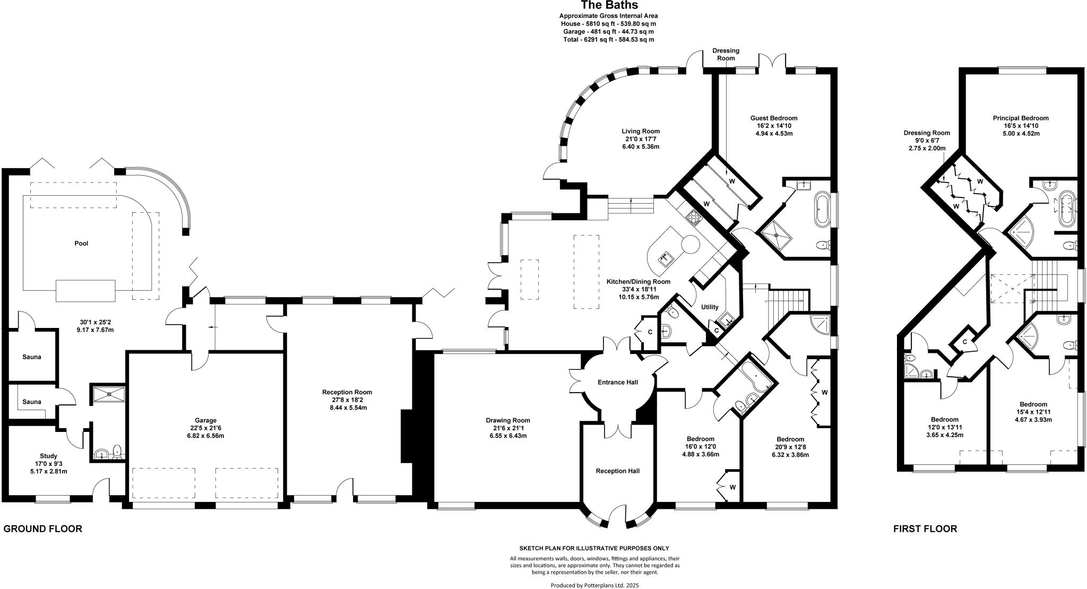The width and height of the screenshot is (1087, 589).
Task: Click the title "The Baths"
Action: pos(609,5)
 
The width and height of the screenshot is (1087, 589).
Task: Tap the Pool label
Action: pos(81,244)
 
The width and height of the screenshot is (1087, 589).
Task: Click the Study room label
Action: pos(48,456)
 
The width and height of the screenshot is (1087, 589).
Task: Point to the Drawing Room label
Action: pos(508,420)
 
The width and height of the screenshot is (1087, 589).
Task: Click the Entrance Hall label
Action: pos(618,382)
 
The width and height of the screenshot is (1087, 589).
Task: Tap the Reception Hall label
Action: pos(618,471)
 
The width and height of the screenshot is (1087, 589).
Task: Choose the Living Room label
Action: pos(641,131)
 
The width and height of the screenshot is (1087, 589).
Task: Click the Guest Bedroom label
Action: pos(774,118)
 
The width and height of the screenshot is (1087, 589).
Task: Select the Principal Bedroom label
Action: pos(1021,118)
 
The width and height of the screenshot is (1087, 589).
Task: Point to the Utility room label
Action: pos(710,307)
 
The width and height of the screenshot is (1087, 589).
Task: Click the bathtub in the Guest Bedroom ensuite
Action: pos(822,209)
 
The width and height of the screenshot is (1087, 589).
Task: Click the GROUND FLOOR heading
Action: pos(43,529)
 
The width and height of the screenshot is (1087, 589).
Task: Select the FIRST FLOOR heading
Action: pos(925,529)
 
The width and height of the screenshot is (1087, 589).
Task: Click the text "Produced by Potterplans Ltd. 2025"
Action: pos(594,585)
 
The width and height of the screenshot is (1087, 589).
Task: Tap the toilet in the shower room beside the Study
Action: pos(118,452)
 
